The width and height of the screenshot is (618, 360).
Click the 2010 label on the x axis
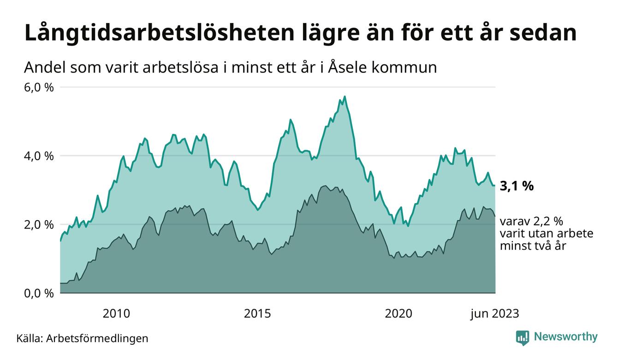point(116,314)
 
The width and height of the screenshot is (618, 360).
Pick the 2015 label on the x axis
point(258,314)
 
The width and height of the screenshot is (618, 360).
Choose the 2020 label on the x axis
point(399,314)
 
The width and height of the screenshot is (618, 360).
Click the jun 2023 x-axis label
point(494,314)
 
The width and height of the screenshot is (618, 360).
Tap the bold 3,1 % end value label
point(517,186)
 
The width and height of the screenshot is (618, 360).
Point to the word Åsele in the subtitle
point(342,68)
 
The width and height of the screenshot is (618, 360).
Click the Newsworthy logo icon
point(523,337)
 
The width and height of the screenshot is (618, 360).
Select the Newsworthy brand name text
point(565,337)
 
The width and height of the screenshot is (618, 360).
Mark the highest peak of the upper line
point(345,96)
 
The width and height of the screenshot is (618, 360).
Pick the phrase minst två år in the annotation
point(533,246)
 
